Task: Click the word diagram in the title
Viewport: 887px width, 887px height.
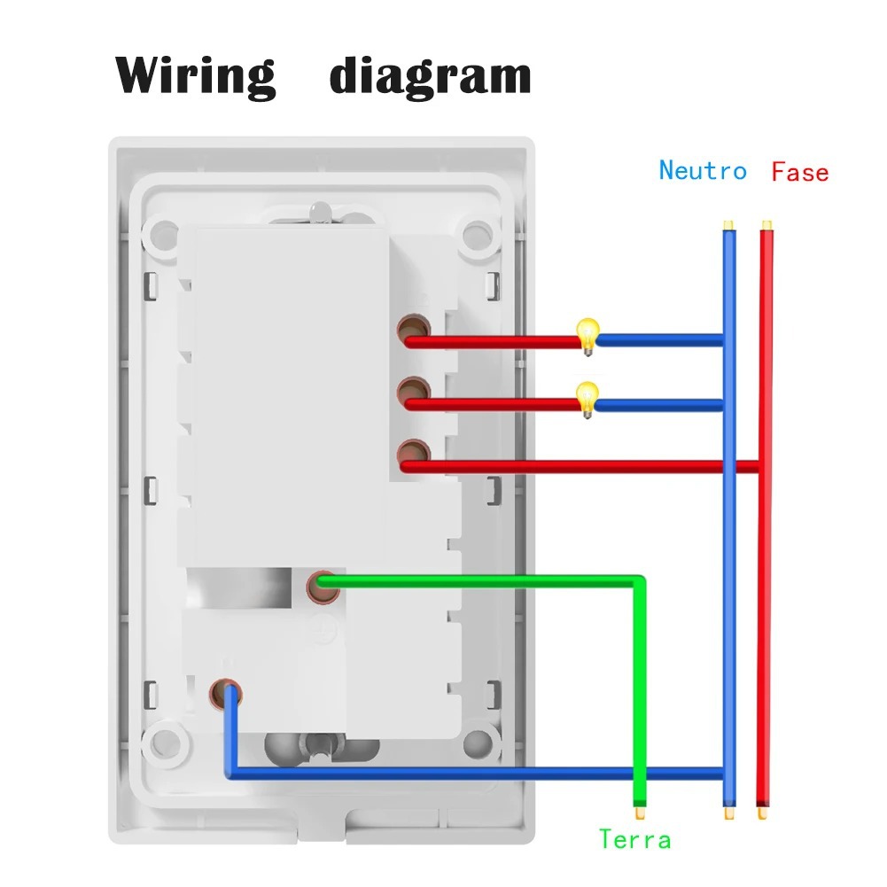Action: [430, 76]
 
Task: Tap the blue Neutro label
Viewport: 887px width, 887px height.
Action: [702, 170]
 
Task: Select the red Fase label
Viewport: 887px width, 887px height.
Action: [799, 171]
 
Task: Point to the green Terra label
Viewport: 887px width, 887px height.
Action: [634, 838]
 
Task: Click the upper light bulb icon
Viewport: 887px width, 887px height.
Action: [587, 335]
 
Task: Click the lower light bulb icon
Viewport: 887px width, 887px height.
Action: [587, 398]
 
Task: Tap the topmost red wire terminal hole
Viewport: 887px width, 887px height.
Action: [410, 332]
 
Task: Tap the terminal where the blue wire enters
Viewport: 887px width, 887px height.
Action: [227, 693]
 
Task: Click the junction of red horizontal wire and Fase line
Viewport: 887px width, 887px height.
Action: [764, 466]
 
